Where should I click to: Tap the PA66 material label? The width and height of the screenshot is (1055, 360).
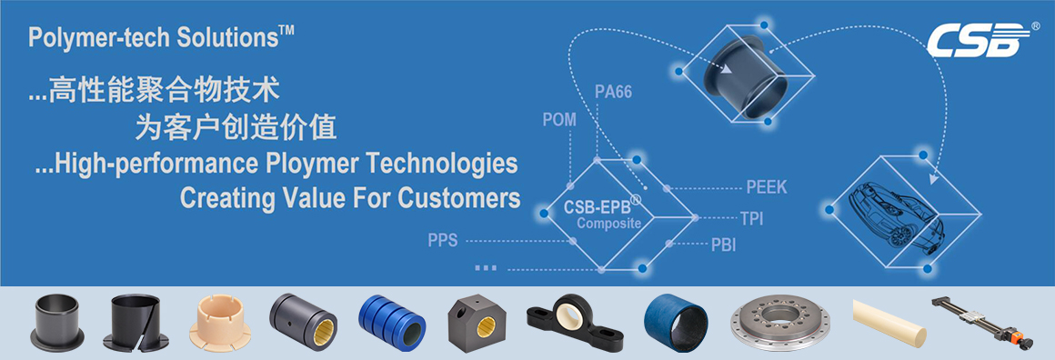pyautogui.click(x=614, y=92)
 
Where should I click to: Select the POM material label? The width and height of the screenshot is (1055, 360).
pyautogui.click(x=560, y=120)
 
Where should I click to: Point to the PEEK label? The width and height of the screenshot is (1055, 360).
pyautogui.click(x=767, y=187)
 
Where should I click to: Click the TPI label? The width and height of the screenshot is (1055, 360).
pyautogui.click(x=751, y=219)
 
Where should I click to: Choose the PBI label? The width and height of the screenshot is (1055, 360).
pyautogui.click(x=723, y=245)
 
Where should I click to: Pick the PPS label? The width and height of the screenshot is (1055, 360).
pyautogui.click(x=443, y=240)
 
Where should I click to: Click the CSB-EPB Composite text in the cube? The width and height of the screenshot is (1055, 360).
pyautogui.click(x=603, y=214)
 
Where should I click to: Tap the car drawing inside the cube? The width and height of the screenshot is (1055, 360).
pyautogui.click(x=896, y=216)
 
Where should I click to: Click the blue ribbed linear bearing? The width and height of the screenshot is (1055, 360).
pyautogui.click(x=392, y=323)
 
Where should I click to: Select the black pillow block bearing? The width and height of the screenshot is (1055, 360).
pyautogui.click(x=573, y=323)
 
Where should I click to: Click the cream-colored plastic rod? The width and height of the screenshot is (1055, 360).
pyautogui.click(x=889, y=323)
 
